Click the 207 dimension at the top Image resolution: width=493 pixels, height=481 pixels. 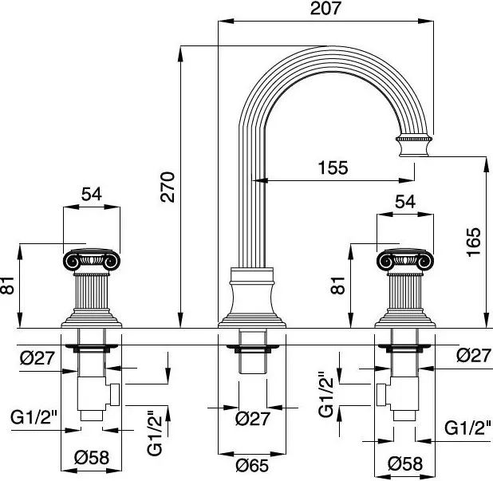click(x=326, y=10)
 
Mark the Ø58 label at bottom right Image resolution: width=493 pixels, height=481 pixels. click(x=405, y=463)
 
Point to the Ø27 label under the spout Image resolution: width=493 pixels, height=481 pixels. click(x=253, y=418)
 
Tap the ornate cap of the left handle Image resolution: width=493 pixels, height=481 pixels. click(x=93, y=260)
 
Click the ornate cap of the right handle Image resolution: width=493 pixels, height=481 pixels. click(x=405, y=260)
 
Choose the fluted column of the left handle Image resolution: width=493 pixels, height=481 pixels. click(x=93, y=294)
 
